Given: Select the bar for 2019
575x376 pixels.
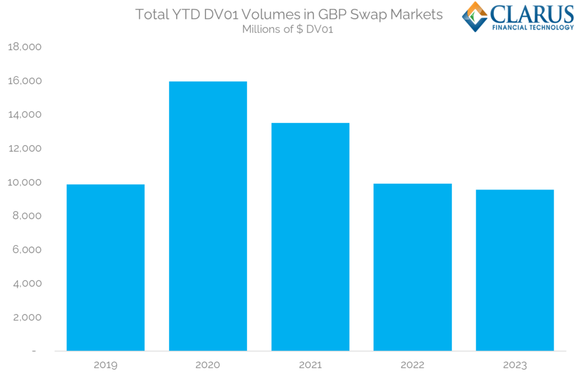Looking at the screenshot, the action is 106,268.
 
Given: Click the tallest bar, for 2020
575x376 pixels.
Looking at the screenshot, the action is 208,216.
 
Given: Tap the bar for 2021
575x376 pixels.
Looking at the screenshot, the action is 310,237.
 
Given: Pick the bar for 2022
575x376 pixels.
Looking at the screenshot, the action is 413,267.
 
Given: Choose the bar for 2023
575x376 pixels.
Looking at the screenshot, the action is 515,270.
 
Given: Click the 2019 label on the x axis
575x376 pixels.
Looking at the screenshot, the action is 106,365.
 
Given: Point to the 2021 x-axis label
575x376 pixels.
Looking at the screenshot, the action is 310,365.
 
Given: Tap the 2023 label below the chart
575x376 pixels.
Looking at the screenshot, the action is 515,365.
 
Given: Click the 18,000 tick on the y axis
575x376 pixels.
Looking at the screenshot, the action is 25,47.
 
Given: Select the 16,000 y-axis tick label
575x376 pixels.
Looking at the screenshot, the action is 25,81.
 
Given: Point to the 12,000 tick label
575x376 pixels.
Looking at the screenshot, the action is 25,148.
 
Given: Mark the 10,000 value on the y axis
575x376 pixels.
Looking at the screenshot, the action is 25,182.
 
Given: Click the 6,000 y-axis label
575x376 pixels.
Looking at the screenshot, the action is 27,250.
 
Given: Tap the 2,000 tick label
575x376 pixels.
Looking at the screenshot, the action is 27,317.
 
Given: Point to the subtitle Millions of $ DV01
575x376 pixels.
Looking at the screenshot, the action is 287,29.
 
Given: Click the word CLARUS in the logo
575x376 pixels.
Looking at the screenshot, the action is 532,14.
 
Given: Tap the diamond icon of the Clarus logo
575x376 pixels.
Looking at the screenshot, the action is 475,17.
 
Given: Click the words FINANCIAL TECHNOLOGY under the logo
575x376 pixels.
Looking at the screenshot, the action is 533,28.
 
